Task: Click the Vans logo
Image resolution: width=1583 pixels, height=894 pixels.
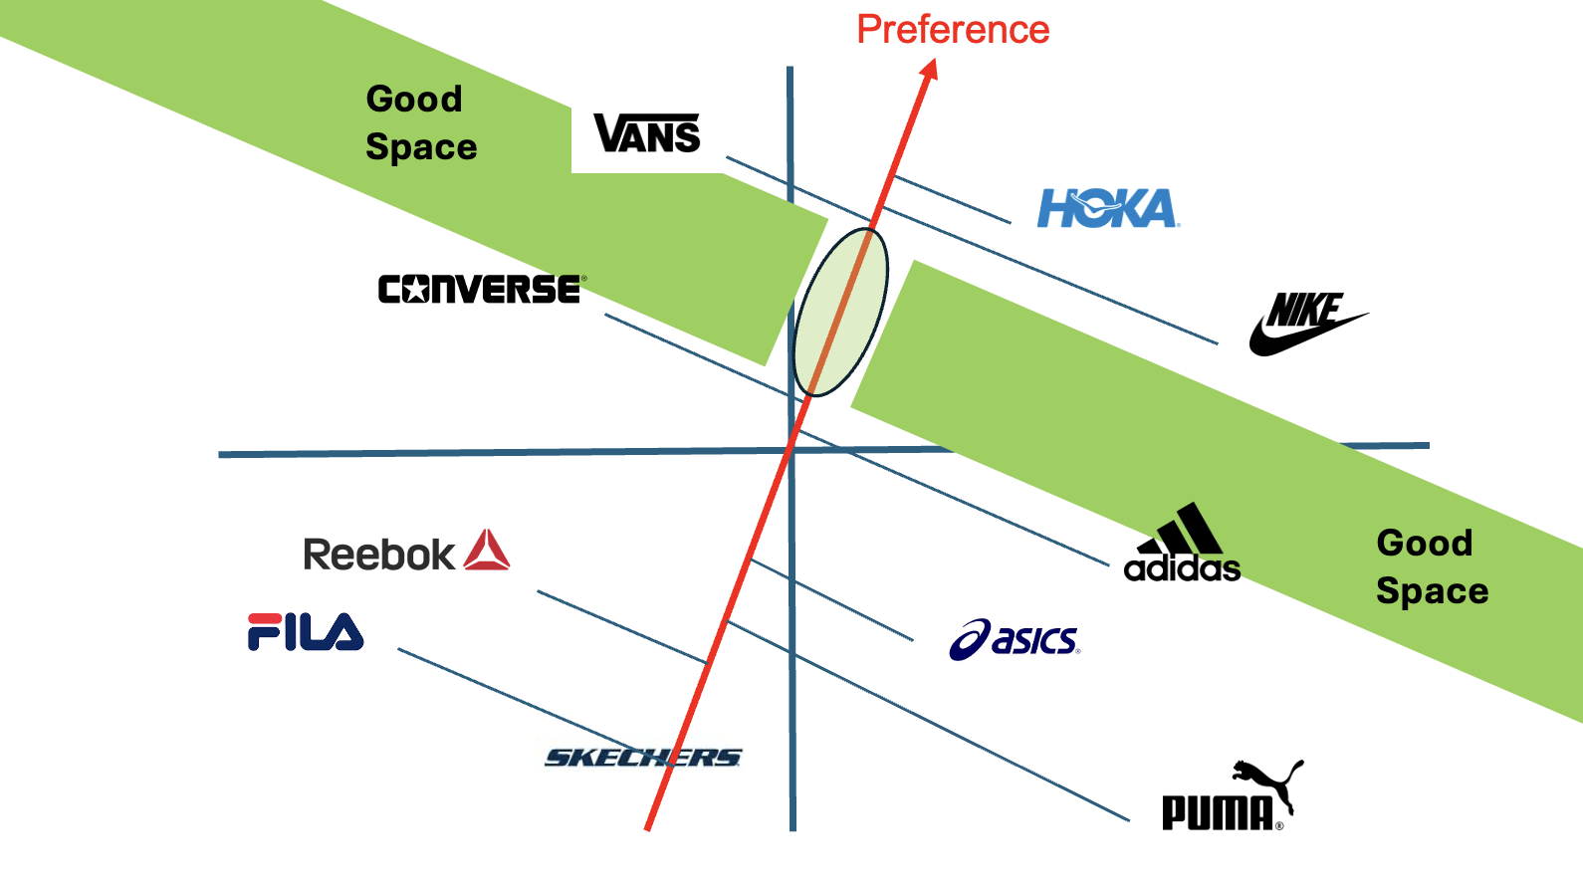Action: tap(647, 133)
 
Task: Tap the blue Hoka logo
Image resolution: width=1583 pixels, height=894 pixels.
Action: tap(1107, 208)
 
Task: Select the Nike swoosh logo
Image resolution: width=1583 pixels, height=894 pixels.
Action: tap(1306, 325)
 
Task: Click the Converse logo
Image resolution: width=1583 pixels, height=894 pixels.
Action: tap(482, 289)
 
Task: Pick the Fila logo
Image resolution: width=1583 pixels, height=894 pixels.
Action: tap(306, 632)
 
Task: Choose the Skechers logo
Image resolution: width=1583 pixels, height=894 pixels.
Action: tap(643, 758)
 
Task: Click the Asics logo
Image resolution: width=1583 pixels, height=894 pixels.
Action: tap(1015, 640)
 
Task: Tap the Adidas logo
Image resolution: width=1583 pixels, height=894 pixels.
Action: tap(1182, 545)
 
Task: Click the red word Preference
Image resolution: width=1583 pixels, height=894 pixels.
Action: tap(953, 30)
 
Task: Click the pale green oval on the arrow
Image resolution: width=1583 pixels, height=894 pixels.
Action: tap(839, 312)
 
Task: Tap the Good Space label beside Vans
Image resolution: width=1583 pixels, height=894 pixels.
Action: tap(420, 122)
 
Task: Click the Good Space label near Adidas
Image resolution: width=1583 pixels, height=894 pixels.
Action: tap(1432, 566)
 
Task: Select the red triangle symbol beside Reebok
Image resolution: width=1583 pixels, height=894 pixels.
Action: tap(487, 551)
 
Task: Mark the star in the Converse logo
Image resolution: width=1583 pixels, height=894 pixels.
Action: tap(415, 290)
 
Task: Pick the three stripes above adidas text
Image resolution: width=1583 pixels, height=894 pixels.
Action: tap(1186, 529)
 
